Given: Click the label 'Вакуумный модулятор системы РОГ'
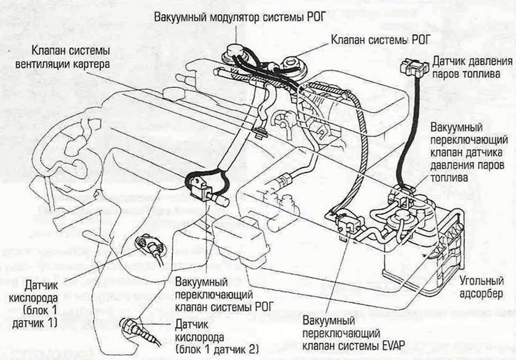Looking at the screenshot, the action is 240,17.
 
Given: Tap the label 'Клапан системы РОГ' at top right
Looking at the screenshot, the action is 380,40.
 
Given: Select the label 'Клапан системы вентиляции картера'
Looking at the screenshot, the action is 63,57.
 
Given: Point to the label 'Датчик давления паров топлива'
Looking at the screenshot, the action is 472,67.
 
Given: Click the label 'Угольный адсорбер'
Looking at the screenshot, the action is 482,287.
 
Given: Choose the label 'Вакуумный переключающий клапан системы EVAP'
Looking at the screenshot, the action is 353,333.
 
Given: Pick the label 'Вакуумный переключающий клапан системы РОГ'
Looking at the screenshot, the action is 224,294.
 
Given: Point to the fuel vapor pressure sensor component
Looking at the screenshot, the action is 414,68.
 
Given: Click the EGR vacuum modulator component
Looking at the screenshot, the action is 233,55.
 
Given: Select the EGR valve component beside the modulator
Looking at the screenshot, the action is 294,64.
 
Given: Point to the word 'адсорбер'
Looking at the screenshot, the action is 481,293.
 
